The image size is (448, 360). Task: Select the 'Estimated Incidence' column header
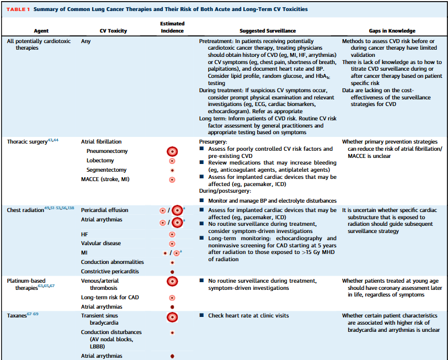[x=172, y=28]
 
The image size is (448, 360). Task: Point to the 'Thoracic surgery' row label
[x=25, y=142]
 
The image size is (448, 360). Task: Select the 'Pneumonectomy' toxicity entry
[x=106, y=151]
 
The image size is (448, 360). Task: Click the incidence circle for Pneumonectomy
[x=172, y=151]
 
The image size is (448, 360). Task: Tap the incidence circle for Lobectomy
[x=172, y=161]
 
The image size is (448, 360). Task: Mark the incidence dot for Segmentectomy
[x=172, y=170]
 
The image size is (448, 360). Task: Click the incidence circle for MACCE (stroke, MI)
[x=172, y=179]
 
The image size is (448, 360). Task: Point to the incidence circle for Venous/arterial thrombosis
[x=172, y=281]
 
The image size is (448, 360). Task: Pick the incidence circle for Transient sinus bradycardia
[x=172, y=316]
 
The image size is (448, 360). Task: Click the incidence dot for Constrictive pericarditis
[x=172, y=272]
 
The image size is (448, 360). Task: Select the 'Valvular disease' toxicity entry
[x=101, y=243]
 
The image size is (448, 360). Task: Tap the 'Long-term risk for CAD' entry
[x=109, y=298]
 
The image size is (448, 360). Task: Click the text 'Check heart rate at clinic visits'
[x=248, y=316]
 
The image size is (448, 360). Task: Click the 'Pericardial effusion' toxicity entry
[x=105, y=210]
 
